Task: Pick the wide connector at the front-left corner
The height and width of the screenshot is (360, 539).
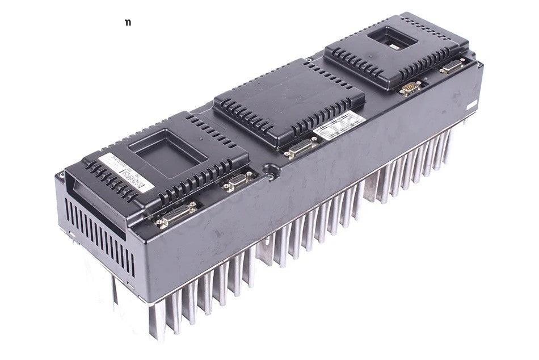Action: click(x=176, y=214)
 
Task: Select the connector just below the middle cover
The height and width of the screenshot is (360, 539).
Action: click(x=301, y=149)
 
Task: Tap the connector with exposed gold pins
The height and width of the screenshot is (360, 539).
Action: click(x=410, y=87)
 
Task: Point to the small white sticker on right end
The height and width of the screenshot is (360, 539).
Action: click(x=473, y=107)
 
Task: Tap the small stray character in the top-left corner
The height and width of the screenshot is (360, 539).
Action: click(x=127, y=23)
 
